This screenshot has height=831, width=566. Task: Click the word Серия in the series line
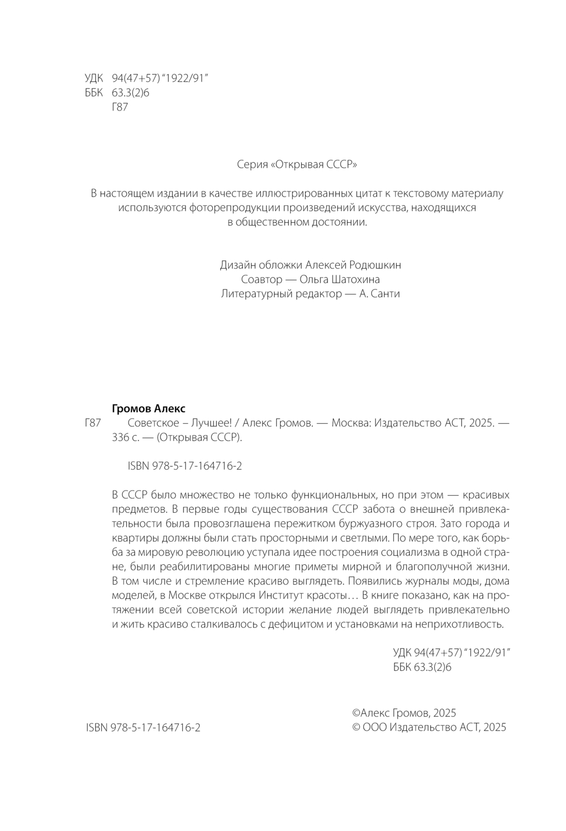252,165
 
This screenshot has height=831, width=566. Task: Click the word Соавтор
261,279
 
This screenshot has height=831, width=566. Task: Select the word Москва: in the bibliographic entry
350,423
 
